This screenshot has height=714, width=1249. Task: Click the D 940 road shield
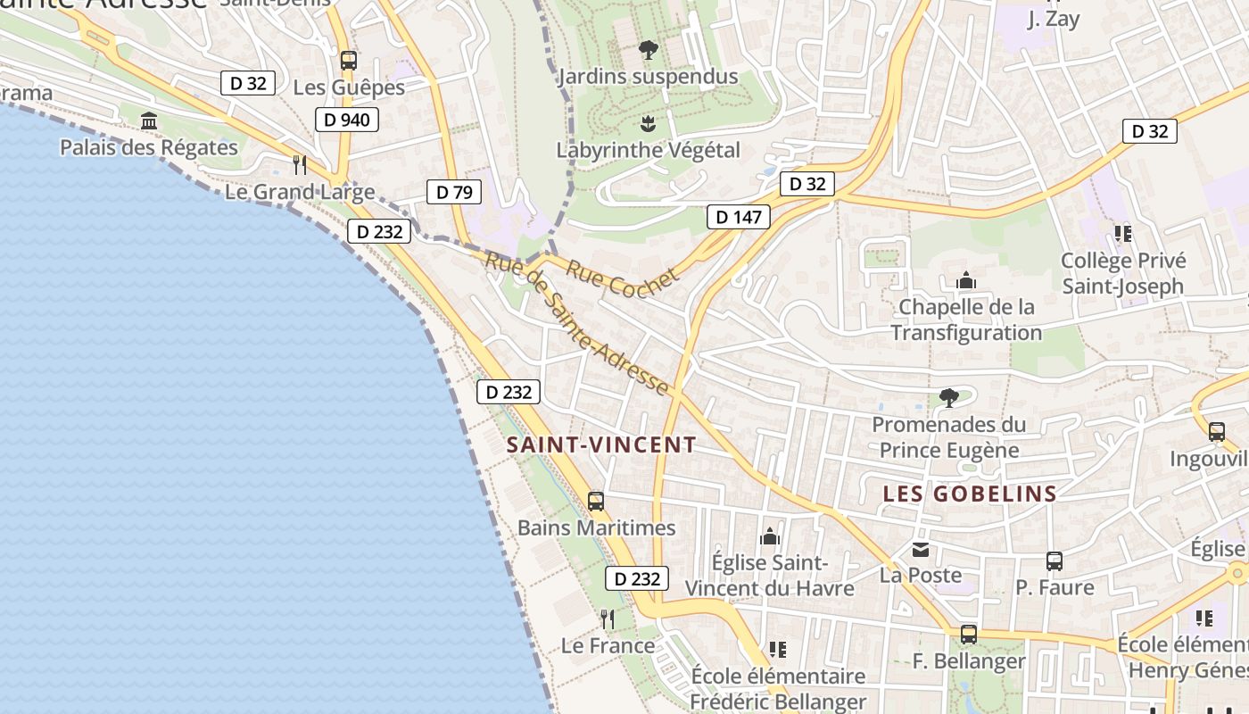[347, 119]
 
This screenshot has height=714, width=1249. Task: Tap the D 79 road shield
[454, 191]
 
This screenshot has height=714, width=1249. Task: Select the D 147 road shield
[739, 216]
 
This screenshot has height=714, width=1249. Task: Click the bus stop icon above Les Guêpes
[348, 61]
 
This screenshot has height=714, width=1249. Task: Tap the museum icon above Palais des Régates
[149, 120]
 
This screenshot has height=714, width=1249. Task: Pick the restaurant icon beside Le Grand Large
[300, 165]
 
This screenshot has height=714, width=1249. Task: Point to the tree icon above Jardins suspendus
[649, 50]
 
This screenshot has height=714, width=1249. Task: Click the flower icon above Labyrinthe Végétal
[649, 123]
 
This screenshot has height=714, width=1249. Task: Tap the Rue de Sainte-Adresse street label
[576, 324]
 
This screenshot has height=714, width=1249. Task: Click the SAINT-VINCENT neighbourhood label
[601, 444]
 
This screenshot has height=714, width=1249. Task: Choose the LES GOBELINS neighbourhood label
[970, 494]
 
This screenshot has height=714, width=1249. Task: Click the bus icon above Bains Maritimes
[596, 501]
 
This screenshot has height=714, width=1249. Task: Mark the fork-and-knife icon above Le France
[608, 619]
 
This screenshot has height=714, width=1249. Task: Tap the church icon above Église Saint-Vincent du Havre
[769, 536]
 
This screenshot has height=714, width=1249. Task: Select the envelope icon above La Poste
[920, 549]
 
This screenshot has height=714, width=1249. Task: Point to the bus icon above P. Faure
[1055, 560]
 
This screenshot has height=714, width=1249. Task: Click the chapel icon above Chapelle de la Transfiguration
[965, 281]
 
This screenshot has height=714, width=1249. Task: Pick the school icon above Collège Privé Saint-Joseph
[1123, 234]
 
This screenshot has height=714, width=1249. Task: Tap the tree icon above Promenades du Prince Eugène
[948, 397]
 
